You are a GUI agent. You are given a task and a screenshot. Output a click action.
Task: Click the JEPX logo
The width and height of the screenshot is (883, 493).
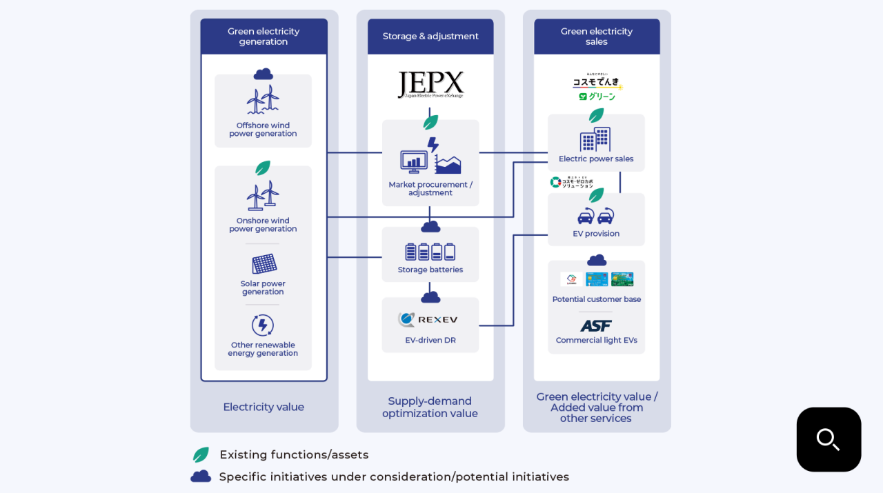[x=430, y=85]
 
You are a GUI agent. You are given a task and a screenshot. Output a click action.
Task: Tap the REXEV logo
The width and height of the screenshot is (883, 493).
[x=428, y=320]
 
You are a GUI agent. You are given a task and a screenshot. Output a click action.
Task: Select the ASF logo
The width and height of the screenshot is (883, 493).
[x=596, y=325]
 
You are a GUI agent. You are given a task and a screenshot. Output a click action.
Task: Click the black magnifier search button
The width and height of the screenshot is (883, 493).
[x=829, y=439]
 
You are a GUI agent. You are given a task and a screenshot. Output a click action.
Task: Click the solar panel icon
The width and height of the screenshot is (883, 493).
[x=264, y=263]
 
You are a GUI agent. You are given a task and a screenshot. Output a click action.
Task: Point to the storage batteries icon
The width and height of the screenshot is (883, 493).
[x=430, y=252]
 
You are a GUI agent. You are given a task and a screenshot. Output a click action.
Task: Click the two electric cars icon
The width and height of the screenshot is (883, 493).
[x=596, y=216]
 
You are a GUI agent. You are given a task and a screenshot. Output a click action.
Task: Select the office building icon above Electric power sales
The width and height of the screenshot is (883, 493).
[x=595, y=139]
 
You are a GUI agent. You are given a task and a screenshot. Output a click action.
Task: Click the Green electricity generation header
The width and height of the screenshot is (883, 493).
[x=264, y=37]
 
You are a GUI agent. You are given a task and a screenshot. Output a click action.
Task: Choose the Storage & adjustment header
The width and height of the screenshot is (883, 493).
[x=430, y=37]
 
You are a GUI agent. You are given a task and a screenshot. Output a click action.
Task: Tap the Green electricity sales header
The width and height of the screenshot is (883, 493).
[x=597, y=37]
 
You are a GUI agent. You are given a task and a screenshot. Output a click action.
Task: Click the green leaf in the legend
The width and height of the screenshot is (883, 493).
[x=201, y=455]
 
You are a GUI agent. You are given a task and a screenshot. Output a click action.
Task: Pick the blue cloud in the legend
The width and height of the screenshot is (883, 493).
[x=201, y=476]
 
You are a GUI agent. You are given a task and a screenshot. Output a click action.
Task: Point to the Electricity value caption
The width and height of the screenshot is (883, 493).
[x=264, y=407]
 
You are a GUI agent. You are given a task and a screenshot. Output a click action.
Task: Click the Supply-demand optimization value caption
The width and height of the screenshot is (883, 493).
[x=430, y=407]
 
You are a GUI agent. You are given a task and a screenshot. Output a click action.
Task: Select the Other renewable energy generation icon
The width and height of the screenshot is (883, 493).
[x=263, y=325]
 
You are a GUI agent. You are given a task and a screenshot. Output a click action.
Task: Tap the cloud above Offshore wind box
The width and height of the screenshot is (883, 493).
[x=263, y=74]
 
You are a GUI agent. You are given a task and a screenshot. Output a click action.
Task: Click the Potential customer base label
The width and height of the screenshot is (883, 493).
[x=596, y=299]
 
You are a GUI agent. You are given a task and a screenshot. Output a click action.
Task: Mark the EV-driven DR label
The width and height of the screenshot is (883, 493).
[x=430, y=340]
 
